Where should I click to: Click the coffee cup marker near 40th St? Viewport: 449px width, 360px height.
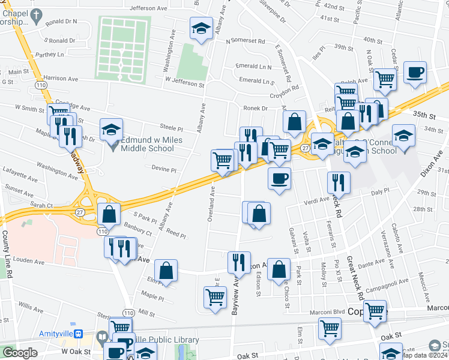[x=415, y=73]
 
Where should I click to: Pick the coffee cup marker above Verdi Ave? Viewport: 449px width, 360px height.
[x=279, y=178]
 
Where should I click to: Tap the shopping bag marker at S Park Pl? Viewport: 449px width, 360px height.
[x=109, y=214]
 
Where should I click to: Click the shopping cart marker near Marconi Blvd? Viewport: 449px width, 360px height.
[x=375, y=311]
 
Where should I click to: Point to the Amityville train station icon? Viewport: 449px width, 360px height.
[x=87, y=335]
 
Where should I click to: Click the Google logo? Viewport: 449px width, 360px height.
[x=20, y=353]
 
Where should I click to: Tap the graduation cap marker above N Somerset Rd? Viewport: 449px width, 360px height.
[x=201, y=28]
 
